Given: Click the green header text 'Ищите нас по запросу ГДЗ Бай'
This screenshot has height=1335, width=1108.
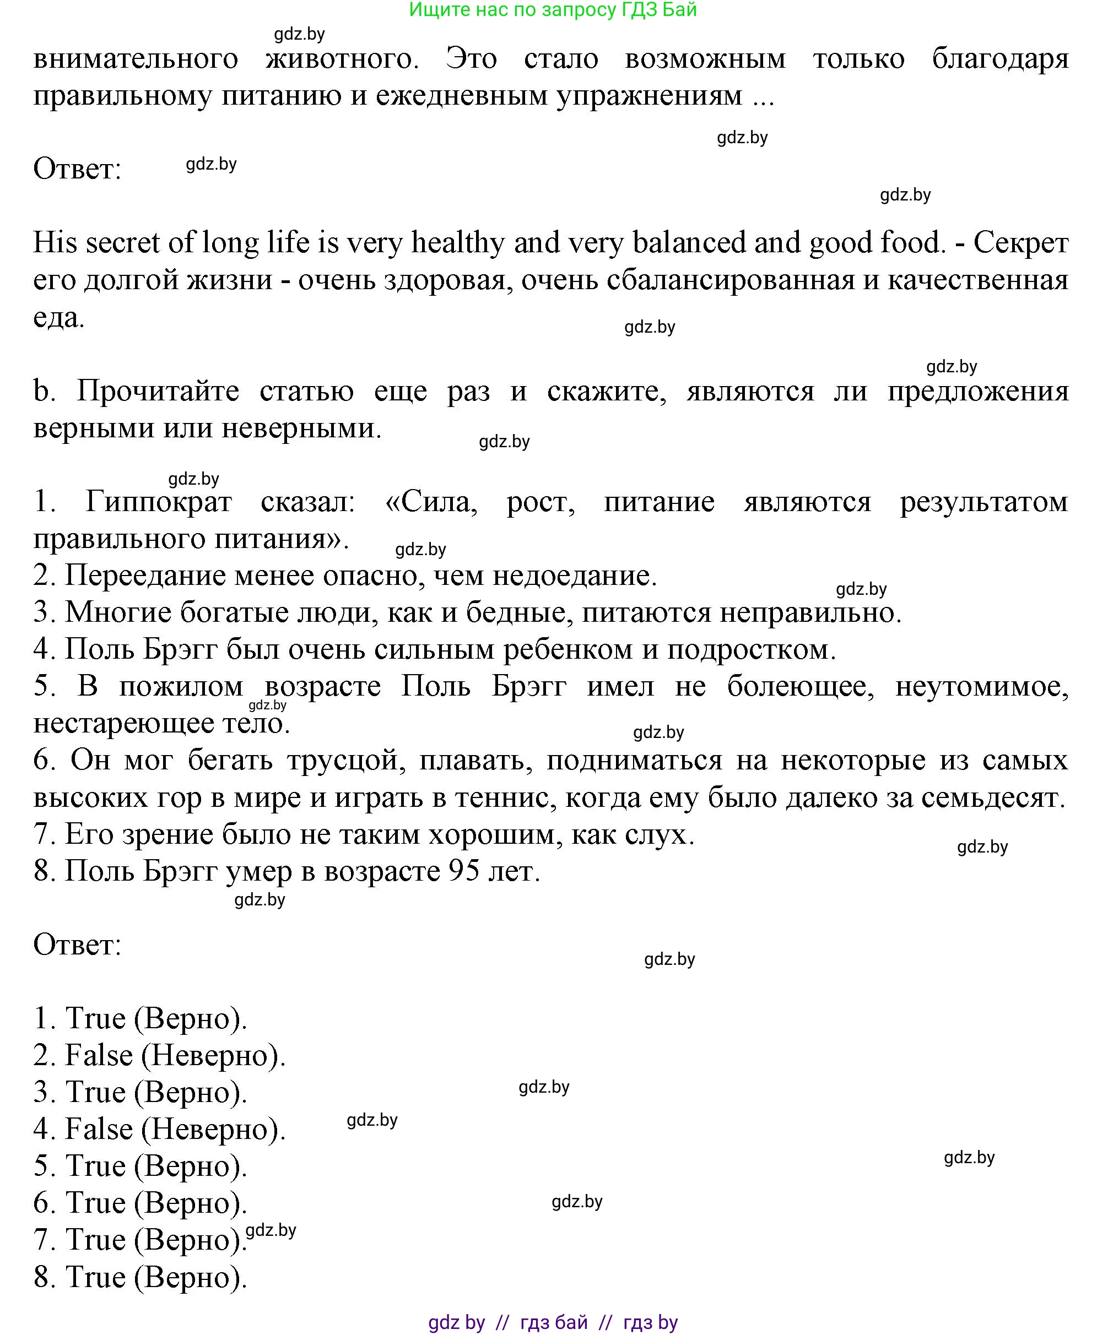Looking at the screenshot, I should tap(553, 10).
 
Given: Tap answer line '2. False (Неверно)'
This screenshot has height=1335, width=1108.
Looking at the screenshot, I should tap(159, 1056).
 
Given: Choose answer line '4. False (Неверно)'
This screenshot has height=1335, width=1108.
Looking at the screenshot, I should tap(159, 1130).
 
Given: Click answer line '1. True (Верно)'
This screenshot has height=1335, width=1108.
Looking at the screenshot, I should tap(140, 1019).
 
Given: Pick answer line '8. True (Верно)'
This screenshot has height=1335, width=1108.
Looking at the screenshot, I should tap(140, 1277).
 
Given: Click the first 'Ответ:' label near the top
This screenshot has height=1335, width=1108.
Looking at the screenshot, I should tap(77, 170).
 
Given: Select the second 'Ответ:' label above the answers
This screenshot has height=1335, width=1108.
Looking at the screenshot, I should tap(77, 945).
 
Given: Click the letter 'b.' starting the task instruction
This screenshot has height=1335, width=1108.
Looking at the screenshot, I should tap(44, 391).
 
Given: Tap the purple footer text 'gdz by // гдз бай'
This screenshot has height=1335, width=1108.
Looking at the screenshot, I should tap(553, 1323).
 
